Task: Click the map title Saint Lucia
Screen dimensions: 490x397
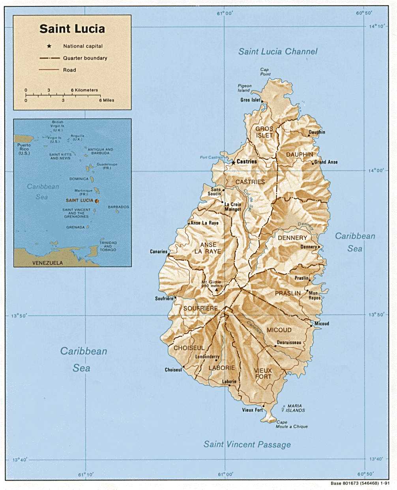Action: tap(72, 29)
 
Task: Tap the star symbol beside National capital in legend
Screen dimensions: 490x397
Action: tap(49, 46)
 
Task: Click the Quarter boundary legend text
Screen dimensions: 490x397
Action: tap(85, 58)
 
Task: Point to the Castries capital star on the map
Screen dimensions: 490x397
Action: tap(233, 162)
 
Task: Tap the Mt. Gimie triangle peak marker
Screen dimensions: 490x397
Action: tap(216, 290)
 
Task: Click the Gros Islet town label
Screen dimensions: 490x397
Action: tap(250, 100)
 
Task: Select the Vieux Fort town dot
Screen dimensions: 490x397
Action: tap(264, 406)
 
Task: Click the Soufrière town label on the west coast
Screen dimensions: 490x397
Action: tap(164, 299)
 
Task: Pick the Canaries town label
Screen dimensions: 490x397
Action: tap(159, 252)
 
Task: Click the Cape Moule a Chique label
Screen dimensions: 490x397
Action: tap(291, 424)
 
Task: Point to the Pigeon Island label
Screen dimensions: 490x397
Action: tap(244, 88)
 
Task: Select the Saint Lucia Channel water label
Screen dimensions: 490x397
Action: tap(277, 51)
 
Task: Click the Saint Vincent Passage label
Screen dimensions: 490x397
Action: tap(247, 445)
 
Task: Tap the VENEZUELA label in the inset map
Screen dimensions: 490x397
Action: tap(47, 263)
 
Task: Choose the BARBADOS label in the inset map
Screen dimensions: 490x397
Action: tap(118, 207)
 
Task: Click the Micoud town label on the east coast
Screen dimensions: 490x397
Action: tap(322, 324)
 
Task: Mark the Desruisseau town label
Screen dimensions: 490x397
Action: tap(289, 343)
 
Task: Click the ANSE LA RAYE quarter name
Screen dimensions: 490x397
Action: tap(208, 248)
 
